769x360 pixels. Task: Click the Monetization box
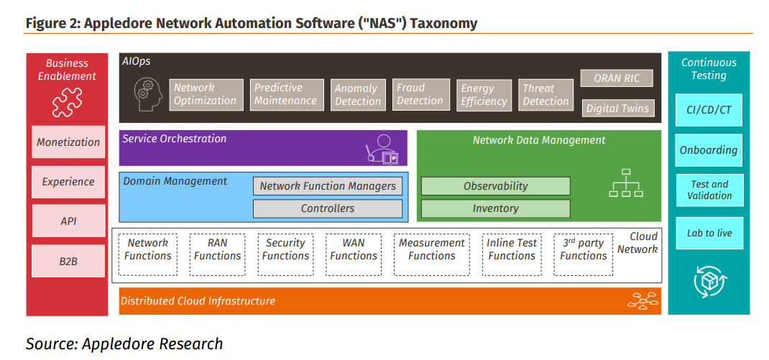[68, 142]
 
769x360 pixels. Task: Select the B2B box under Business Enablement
[68, 262]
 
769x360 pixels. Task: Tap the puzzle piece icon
[68, 102]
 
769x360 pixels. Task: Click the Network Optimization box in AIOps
[205, 94]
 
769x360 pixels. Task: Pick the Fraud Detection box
[420, 94]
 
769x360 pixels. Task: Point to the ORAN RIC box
[617, 78]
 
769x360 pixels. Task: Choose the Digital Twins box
[617, 109]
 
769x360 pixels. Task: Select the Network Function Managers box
[328, 186]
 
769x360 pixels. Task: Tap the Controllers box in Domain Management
[328, 208]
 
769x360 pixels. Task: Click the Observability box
[495, 186]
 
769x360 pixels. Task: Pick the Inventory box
[495, 208]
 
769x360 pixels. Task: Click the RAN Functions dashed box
[217, 254]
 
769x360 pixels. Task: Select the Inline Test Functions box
[512, 254]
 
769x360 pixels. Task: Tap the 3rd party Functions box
[583, 254]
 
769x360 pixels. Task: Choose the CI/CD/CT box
[709, 110]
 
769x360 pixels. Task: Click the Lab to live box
[709, 233]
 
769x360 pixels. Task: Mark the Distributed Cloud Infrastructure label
[198, 301]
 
